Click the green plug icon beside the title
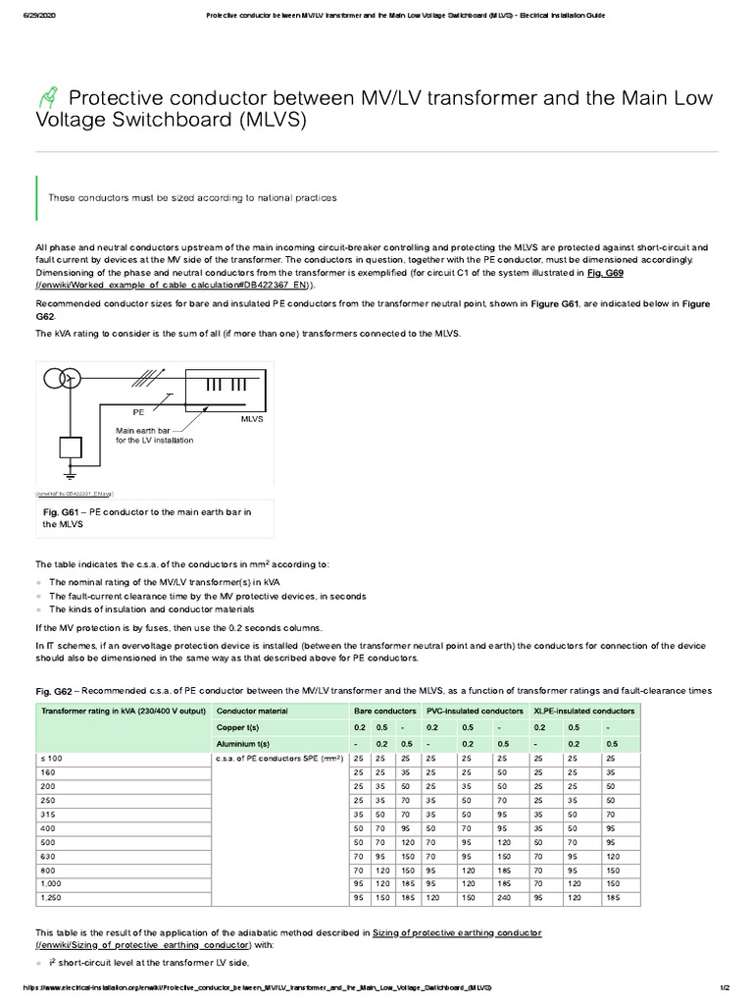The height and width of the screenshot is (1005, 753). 48,98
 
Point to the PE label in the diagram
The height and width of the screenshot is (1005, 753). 138,412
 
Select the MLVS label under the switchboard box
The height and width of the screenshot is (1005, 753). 253,418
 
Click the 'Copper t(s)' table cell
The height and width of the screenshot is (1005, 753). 237,727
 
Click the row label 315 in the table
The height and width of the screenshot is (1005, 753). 49,813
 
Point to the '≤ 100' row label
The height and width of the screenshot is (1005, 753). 51,759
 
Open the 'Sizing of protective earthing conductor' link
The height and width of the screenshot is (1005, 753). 457,930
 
